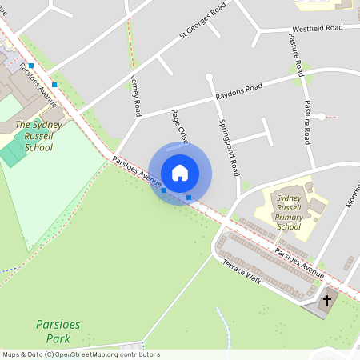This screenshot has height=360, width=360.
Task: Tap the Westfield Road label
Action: point(317,28)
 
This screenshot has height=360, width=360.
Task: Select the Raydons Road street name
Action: point(238,92)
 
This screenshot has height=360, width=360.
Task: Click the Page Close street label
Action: point(178,126)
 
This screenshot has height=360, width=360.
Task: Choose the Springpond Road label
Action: point(230,147)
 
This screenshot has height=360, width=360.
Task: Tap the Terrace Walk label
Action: point(242,270)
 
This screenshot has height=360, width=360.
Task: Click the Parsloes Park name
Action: point(58,331)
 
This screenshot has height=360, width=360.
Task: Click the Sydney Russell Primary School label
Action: point(289,212)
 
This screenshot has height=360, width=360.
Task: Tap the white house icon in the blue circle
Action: point(180,172)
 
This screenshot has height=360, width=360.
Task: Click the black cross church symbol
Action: point(326,301)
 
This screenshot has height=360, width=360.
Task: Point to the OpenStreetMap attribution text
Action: point(80,354)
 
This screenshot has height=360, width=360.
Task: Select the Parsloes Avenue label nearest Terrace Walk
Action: point(299,263)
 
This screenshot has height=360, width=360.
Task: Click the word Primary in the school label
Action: point(289,216)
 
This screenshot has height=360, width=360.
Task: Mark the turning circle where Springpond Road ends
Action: point(209,78)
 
